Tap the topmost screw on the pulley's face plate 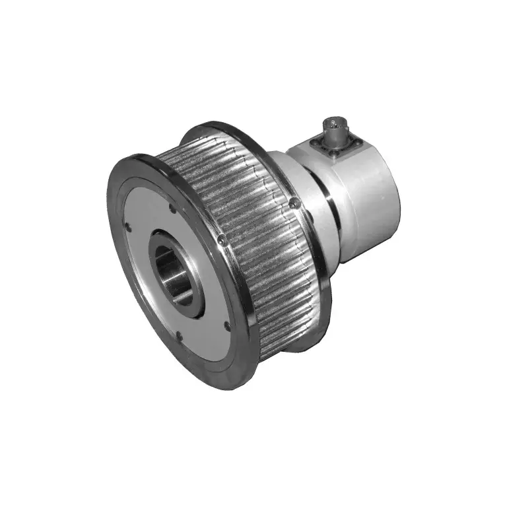pyautogui.click(x=173, y=210)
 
